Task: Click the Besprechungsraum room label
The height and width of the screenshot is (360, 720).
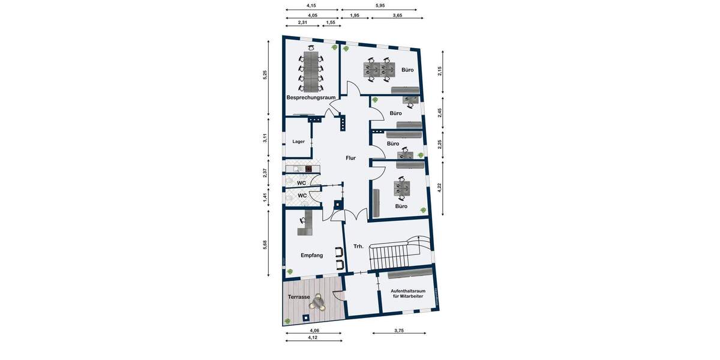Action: point(311,97)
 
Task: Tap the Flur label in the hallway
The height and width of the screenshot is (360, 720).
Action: point(350,158)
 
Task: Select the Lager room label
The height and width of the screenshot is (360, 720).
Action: point(298,142)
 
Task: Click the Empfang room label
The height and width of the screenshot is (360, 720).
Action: point(312,255)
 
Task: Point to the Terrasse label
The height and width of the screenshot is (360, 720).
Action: point(299,297)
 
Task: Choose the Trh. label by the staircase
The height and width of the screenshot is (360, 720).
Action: point(359,245)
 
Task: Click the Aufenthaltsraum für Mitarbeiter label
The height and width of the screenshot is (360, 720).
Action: point(409,293)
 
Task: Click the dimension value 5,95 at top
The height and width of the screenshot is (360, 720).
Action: point(380,5)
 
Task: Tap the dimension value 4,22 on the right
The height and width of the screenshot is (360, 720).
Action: point(440,187)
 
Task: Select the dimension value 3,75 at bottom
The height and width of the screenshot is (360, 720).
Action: point(399,330)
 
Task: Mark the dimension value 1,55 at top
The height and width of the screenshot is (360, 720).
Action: point(331,22)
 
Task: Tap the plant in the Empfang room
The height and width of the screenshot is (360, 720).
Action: point(290,272)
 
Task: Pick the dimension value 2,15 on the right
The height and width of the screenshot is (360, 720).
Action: point(440,71)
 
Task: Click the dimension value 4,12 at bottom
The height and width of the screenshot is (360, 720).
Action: point(313,338)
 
